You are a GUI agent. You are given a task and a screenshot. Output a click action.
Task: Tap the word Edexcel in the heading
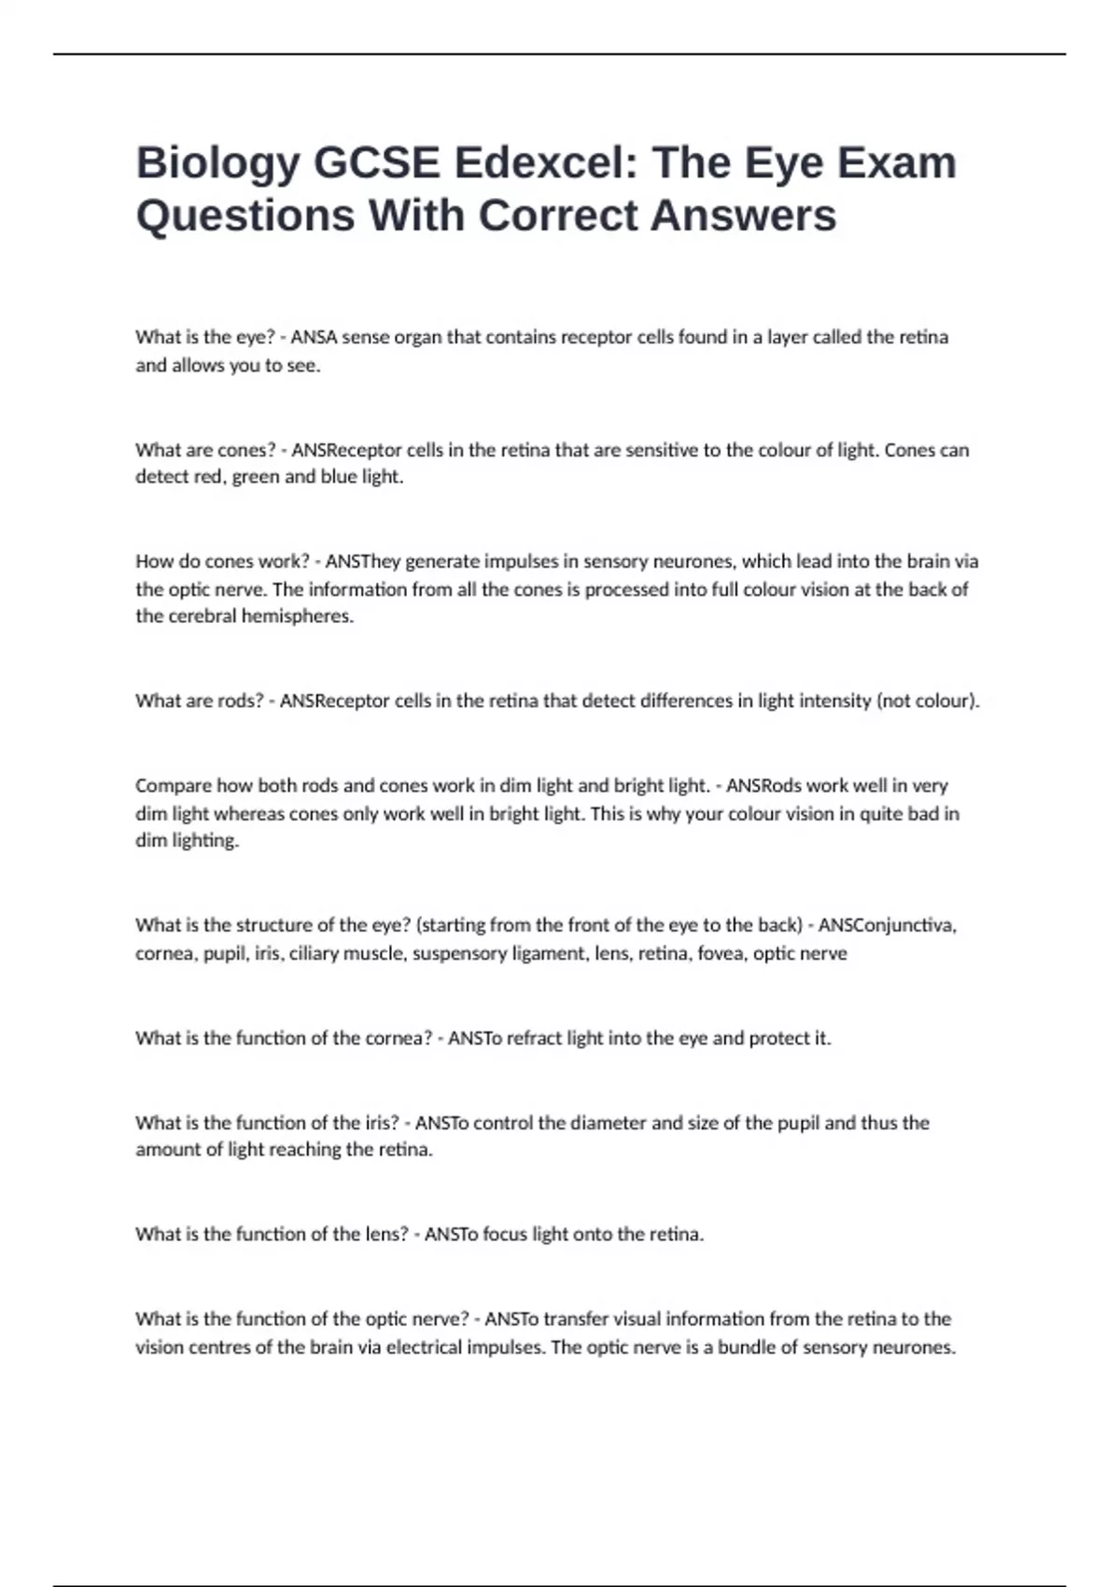pyautogui.click(x=531, y=162)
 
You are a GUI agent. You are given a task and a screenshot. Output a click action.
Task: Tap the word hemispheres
pyautogui.click(x=298, y=616)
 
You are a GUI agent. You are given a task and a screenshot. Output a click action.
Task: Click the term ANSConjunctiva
pyautogui.click(x=887, y=925)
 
